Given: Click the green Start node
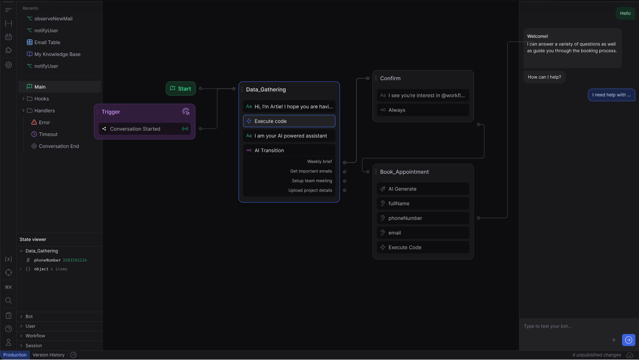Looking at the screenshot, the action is coord(181,88).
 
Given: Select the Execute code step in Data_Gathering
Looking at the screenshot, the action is coord(289,121).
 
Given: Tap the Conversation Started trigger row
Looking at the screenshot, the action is coord(145,129).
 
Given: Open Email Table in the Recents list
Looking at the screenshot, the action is coord(47,42).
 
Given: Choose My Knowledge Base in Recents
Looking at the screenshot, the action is coord(58,54).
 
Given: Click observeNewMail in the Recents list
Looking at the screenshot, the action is coord(53,19).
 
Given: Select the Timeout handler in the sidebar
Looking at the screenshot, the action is coord(48,134).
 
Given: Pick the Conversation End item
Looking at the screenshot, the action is coord(59,146).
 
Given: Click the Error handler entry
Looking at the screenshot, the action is coord(44,122).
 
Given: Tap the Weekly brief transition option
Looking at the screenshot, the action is coord(319,162).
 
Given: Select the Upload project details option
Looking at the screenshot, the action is coord(310,191).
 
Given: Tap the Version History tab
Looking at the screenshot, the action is coord(49,355).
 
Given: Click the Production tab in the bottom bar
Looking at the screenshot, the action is coord(15,355).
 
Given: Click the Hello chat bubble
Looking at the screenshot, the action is coord(625,13).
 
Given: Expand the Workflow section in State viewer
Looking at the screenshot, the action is coord(35,336).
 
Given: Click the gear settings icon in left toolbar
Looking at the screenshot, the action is coord(9,65).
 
